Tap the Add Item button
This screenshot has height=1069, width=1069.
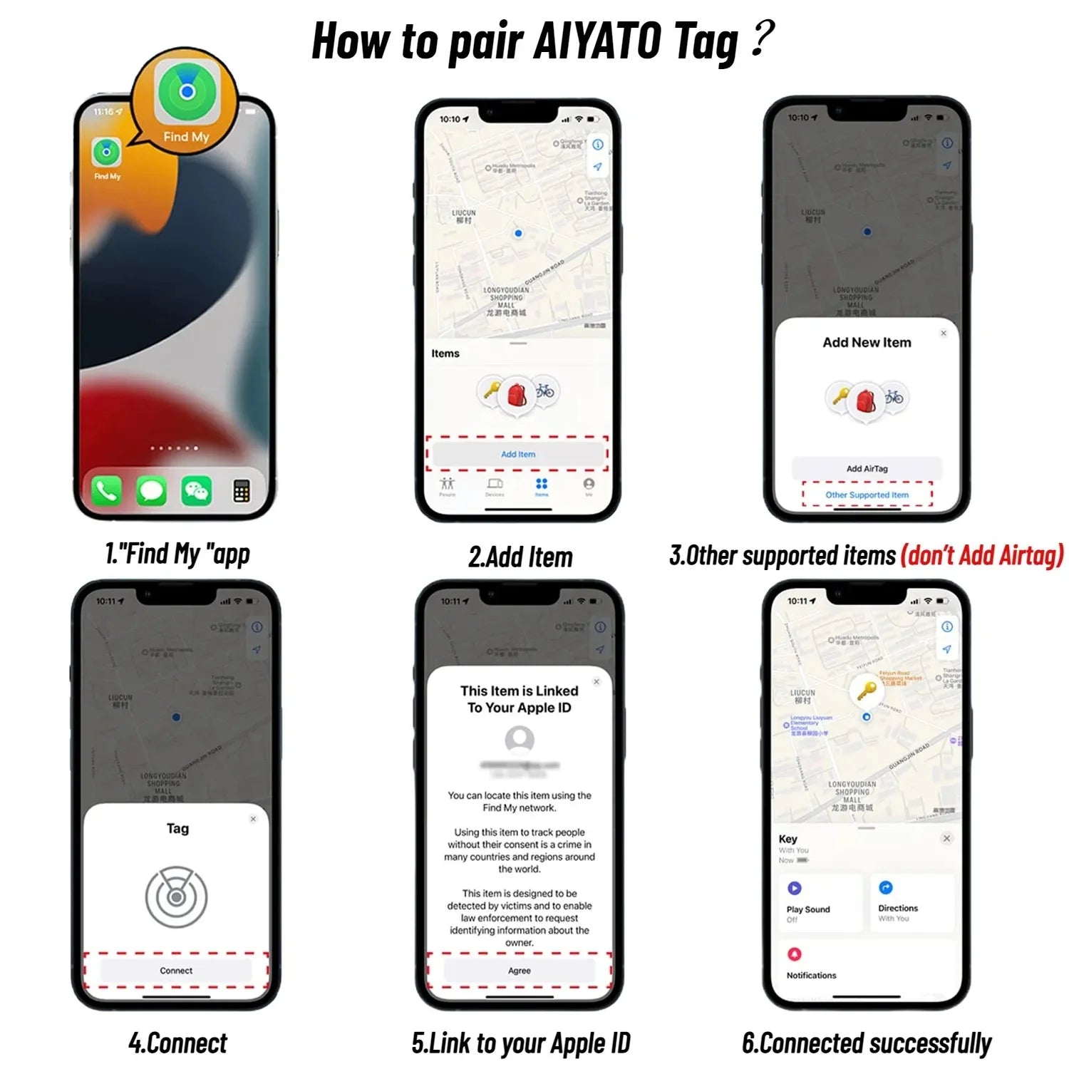coord(517,454)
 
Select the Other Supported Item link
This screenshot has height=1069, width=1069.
coord(867,495)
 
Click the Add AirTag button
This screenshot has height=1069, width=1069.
coord(867,468)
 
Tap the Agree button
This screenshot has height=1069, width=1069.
coord(519,971)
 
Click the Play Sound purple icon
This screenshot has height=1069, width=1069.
coord(794,888)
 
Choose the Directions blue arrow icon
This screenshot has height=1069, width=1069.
coord(885,887)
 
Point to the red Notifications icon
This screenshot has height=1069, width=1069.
coord(794,954)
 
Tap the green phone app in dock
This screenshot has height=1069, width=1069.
coord(106,491)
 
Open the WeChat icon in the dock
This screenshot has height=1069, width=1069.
coord(196,491)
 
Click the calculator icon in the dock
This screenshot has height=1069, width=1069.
coord(242,491)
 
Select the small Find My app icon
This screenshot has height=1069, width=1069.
coord(106,153)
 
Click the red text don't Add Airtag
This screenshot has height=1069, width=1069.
coord(982,555)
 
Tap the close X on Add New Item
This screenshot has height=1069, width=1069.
coord(944,333)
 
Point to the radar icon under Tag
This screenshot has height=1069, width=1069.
coord(176,897)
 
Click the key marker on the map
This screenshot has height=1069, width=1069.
coord(866,690)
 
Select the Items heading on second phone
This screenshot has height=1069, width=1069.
coord(445,353)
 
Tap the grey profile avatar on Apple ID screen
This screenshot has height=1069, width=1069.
coord(520,740)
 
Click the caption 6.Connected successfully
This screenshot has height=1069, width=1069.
coord(867,1043)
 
